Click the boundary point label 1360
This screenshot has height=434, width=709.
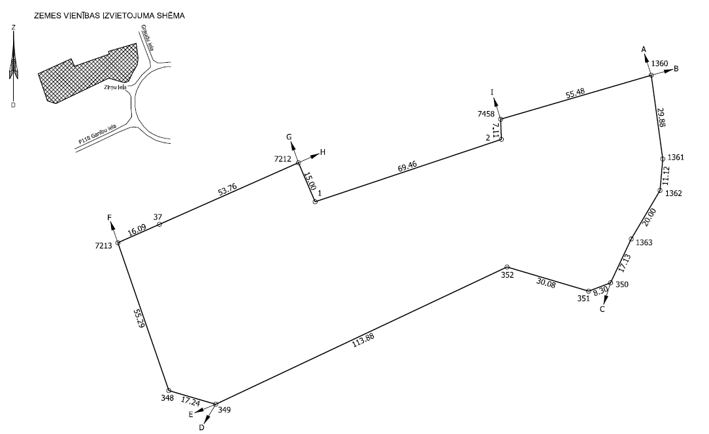point(660,63)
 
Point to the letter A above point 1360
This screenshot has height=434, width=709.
point(644,49)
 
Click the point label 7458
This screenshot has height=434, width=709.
point(486,114)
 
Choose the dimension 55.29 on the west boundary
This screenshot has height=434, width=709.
point(138,318)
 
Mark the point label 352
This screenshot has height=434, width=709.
point(508,275)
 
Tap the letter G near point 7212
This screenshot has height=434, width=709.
point(289,138)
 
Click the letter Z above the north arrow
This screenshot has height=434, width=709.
point(14,27)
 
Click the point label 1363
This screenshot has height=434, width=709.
point(644,242)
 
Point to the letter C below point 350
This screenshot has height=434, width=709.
point(602,310)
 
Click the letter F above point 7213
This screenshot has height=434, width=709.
point(110,218)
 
